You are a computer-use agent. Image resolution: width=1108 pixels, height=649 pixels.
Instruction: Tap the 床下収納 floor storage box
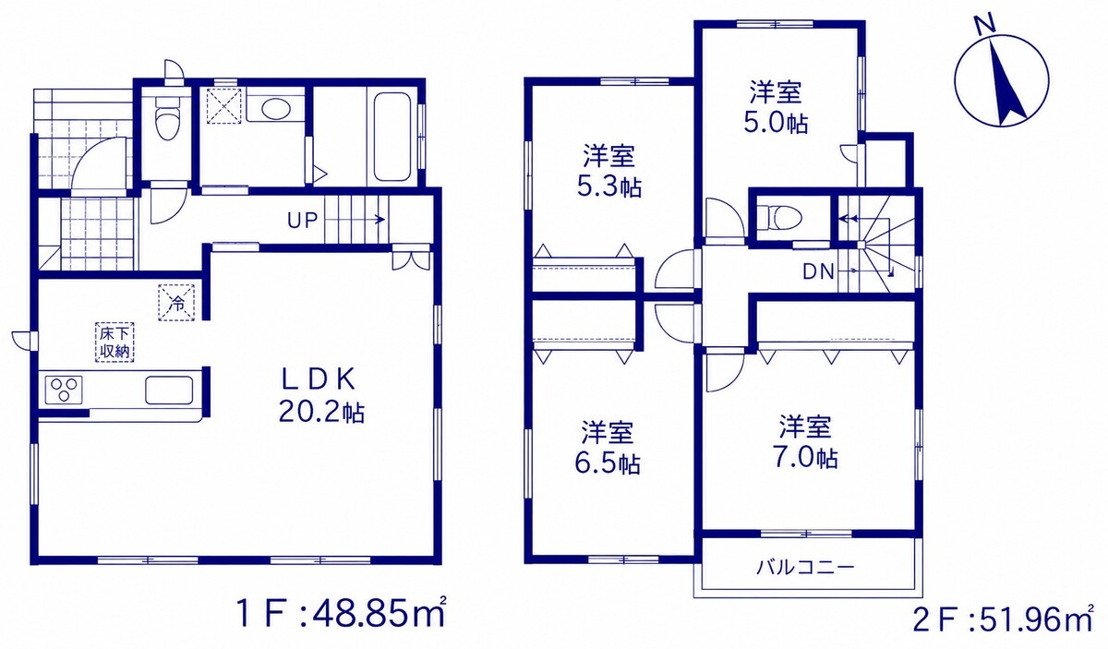[x=114, y=343]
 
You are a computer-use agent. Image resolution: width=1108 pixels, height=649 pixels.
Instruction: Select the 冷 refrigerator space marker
[x=176, y=302]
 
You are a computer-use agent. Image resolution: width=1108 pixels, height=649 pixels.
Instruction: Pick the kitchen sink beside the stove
[x=169, y=391]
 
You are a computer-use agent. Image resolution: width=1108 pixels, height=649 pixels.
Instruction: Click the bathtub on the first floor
[x=391, y=138]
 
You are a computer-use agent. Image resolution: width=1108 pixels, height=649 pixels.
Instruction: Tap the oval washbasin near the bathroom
[x=275, y=109]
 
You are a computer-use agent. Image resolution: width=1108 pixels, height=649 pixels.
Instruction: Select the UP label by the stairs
[x=302, y=220]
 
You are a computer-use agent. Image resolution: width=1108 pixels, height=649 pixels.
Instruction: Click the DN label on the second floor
[x=818, y=271]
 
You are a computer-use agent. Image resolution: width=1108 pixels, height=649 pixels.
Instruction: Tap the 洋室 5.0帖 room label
[x=776, y=107]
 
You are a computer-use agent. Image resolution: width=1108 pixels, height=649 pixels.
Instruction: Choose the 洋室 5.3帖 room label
[x=609, y=171]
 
